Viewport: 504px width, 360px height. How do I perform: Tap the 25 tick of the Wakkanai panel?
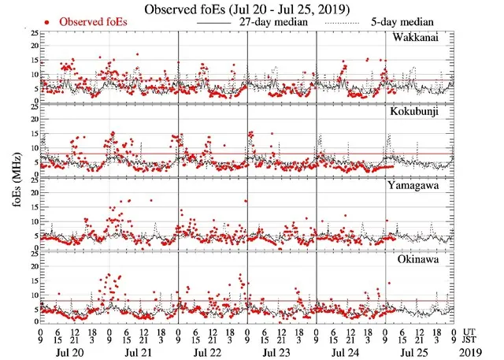pyautogui.click(x=32, y=34)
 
